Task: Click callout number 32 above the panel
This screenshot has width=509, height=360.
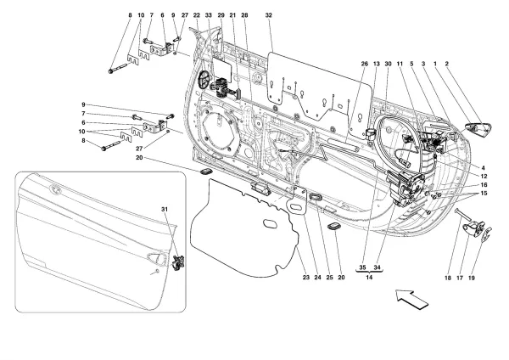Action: pos(268,16)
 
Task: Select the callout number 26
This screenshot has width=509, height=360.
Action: pos(364,65)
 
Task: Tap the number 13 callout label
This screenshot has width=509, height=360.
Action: pos(376,65)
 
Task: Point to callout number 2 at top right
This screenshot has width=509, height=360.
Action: pos(447,65)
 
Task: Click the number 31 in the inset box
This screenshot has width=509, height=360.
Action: pos(166,209)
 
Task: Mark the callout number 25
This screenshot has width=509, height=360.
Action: pos(328,276)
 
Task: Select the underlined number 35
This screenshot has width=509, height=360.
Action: pos(363,267)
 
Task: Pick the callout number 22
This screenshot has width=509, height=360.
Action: pos(196,16)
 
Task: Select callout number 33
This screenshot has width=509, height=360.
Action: pos(209,16)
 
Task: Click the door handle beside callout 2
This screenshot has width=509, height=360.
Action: pos(477,128)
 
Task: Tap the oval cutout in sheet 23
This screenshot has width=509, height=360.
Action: pos(270,225)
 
